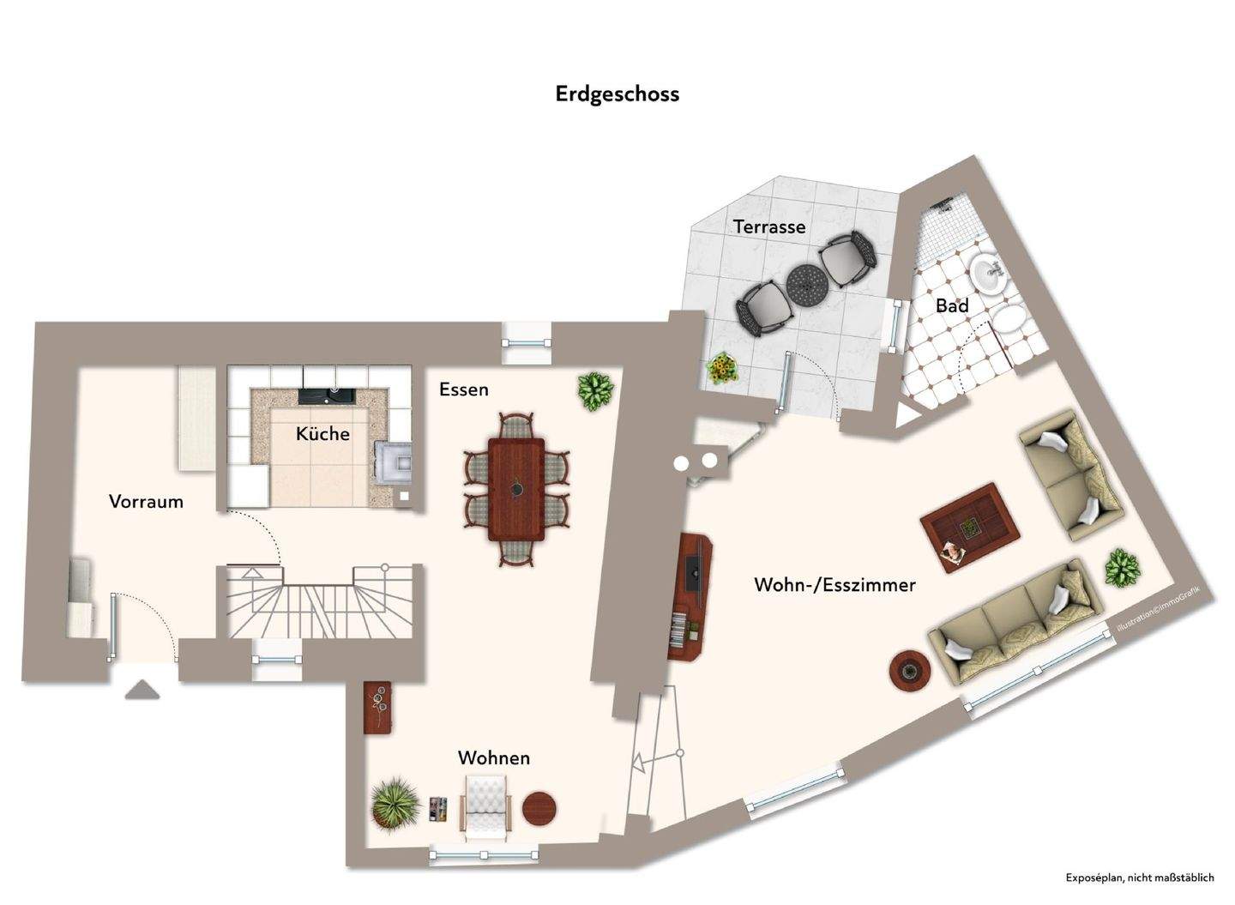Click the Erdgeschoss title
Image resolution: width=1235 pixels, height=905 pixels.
click(x=617, y=94)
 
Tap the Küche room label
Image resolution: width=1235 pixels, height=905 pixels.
click(x=322, y=434)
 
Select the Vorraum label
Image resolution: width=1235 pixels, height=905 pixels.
click(x=146, y=502)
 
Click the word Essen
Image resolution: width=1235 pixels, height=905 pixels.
click(x=463, y=389)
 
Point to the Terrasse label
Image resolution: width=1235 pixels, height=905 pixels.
click(x=768, y=226)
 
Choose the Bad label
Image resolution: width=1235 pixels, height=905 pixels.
click(x=952, y=306)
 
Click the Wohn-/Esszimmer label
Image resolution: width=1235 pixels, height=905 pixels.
click(x=834, y=585)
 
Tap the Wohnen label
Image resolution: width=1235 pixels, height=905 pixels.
click(x=493, y=758)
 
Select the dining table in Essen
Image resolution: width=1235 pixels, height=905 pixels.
click(x=516, y=489)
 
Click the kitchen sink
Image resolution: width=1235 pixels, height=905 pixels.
click(x=327, y=395)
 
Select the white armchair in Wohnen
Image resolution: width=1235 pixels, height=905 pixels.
click(x=486, y=804)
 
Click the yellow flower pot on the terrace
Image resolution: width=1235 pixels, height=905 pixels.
click(x=722, y=369)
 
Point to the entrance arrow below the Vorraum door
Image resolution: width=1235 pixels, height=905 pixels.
click(x=142, y=690)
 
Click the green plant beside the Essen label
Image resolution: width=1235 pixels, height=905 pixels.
click(x=595, y=391)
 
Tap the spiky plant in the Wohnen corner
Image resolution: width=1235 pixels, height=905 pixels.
click(x=395, y=804)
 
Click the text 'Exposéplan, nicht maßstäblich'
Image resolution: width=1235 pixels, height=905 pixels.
click(x=1139, y=878)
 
